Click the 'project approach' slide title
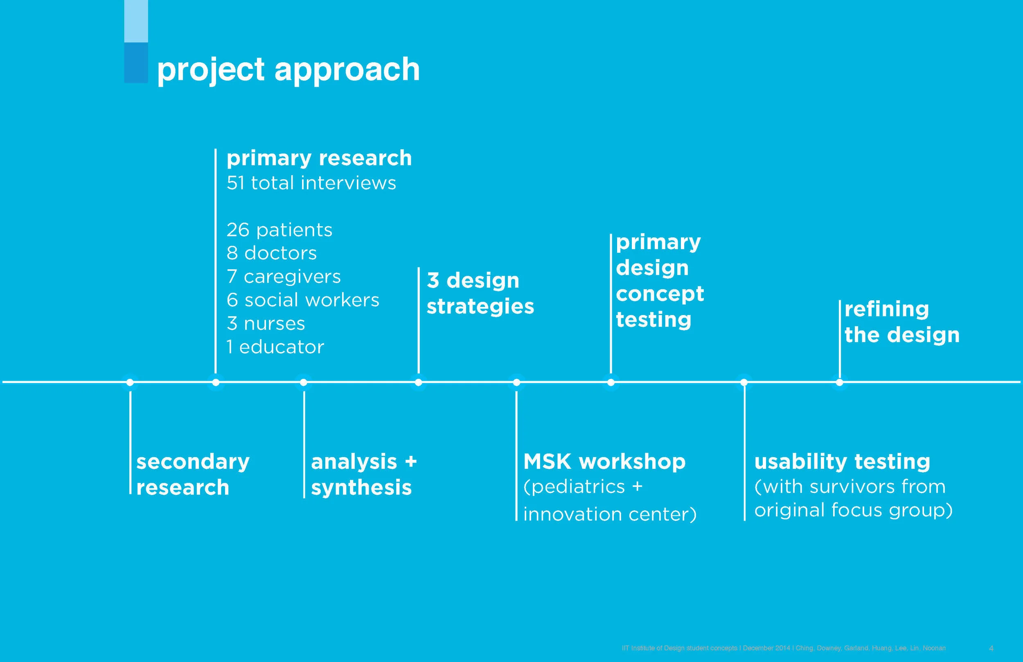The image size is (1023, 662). (x=288, y=70)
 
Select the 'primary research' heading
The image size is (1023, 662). (x=319, y=158)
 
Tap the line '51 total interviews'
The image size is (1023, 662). (x=311, y=183)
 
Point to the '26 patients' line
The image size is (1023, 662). (x=279, y=230)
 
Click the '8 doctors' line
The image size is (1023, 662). (x=272, y=253)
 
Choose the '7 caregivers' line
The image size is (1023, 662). (x=284, y=277)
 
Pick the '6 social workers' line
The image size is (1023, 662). (x=303, y=300)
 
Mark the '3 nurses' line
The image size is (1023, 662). (x=266, y=324)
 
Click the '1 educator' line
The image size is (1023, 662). (x=275, y=347)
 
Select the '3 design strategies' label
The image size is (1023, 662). (x=480, y=294)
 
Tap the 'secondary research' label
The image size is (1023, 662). (x=193, y=475)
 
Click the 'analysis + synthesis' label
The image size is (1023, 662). (x=364, y=475)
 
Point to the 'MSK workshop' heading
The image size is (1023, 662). (x=604, y=462)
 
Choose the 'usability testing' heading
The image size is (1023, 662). (x=842, y=462)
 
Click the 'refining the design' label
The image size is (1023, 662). (x=902, y=322)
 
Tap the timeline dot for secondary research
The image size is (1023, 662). (x=130, y=382)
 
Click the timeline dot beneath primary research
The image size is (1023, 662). (x=216, y=382)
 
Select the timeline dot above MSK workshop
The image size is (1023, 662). (x=517, y=382)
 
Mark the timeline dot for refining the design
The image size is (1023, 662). (x=839, y=382)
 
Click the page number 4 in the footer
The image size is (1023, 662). (x=991, y=648)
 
